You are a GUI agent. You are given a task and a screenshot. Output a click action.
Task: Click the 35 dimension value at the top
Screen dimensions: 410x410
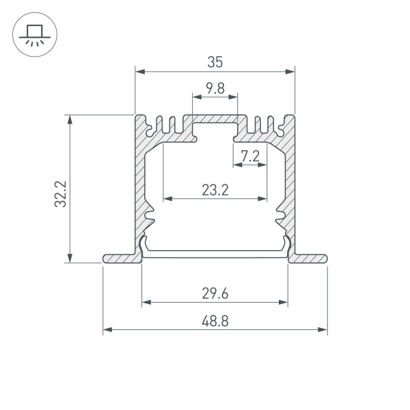coord(215,61)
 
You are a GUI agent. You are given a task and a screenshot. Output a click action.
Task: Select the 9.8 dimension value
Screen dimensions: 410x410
coord(215,87)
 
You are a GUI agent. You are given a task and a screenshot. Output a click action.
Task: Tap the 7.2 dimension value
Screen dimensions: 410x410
coord(250,156)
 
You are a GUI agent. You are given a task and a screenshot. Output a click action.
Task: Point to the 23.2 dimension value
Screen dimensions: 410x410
coord(215,191)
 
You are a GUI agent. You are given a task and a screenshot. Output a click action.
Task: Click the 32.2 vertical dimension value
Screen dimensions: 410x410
coord(60,193)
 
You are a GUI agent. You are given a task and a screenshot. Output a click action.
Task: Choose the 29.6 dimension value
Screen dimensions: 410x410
coord(215,294)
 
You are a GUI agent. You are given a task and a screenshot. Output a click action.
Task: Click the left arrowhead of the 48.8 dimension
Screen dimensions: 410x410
coord(107,330)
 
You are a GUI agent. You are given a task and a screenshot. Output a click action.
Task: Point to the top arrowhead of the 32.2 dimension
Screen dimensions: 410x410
coord(70,118)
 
